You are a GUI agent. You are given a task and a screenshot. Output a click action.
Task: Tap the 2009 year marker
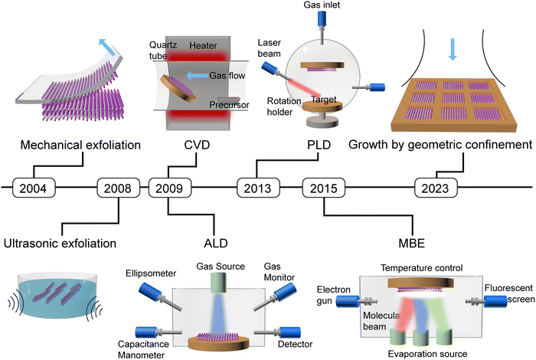coord(168,187)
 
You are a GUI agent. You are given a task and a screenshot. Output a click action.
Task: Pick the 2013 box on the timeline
coord(255,187)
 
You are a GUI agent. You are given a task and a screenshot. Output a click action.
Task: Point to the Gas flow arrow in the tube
coord(198,75)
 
